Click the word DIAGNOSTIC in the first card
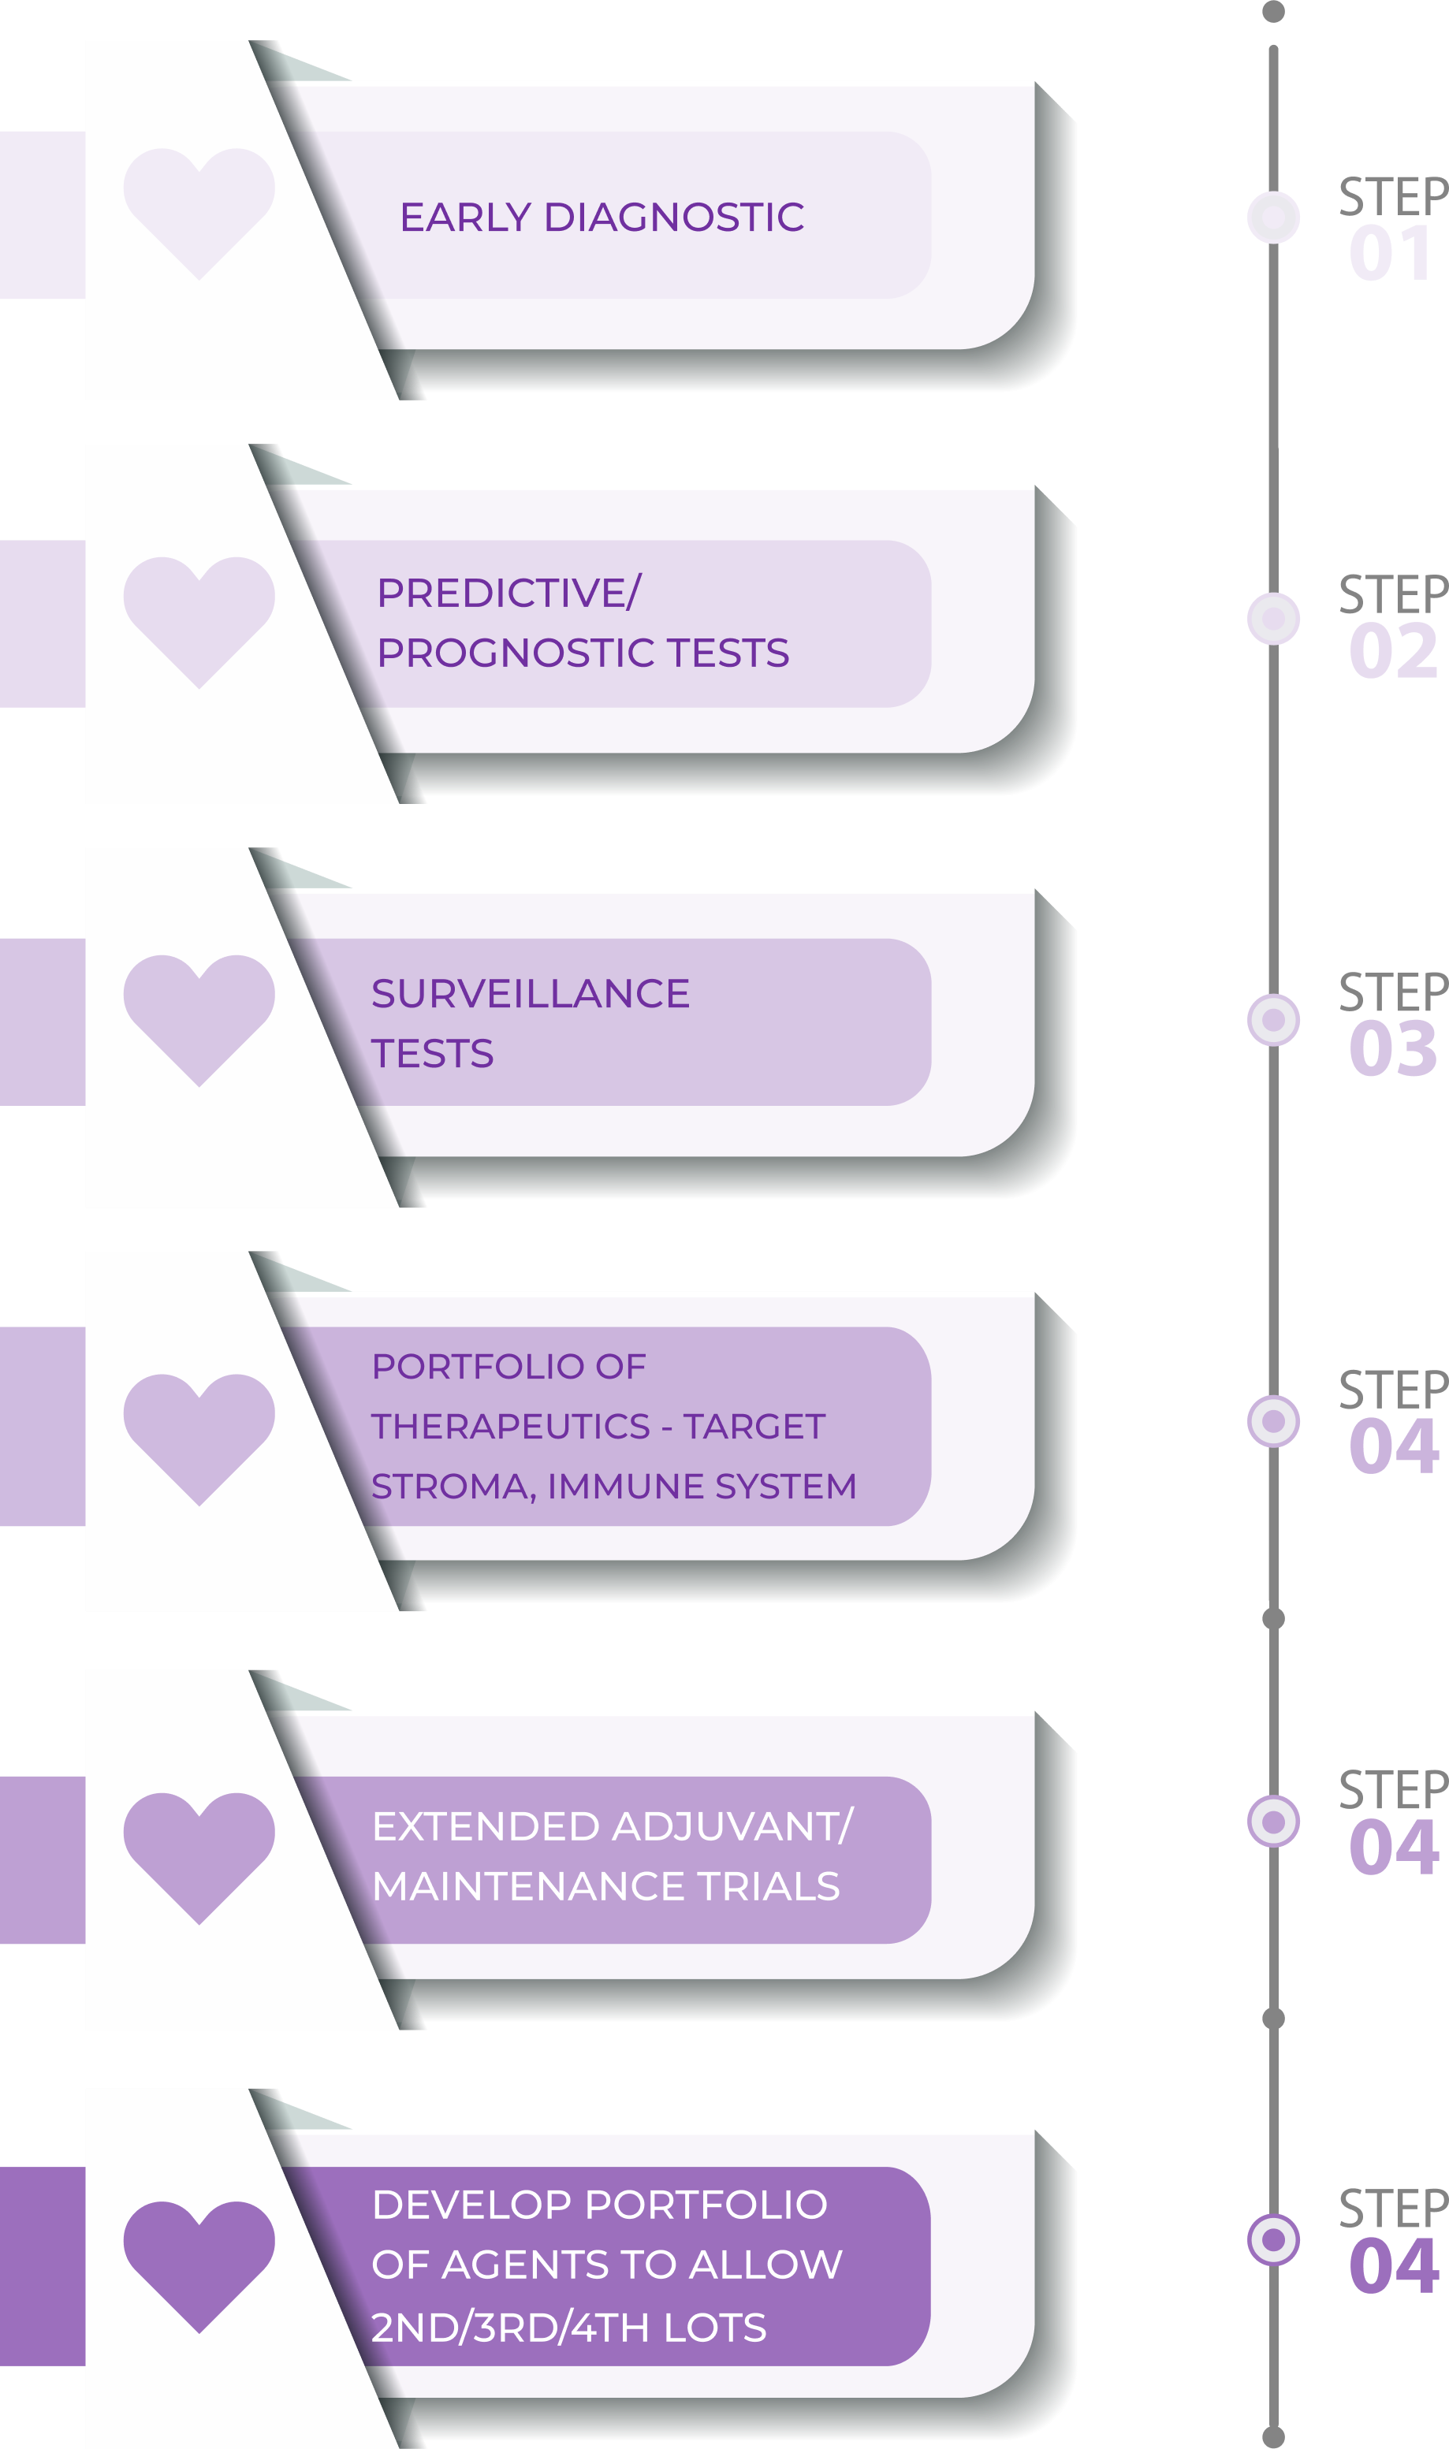point(674,217)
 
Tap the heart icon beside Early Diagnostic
point(199,210)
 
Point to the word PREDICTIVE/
point(508,593)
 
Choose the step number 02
point(1392,652)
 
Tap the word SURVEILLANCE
point(531,994)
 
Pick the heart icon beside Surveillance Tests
point(199,1016)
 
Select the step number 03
point(1392,1050)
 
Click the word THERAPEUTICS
point(510,1426)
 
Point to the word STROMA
point(453,1487)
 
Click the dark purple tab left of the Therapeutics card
point(42,1426)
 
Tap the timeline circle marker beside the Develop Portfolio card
point(1273,2239)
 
